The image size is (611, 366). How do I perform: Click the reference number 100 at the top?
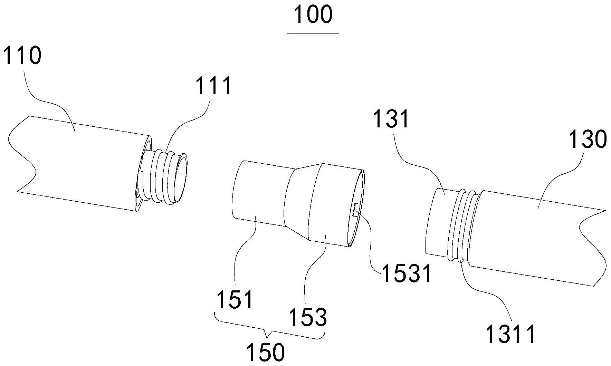pos(313,15)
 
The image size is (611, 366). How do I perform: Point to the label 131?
pos(392,119)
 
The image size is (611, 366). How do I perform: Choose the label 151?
pos(235,299)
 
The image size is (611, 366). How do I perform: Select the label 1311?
pos(510,334)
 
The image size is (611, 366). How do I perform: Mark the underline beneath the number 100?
pos(313,33)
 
